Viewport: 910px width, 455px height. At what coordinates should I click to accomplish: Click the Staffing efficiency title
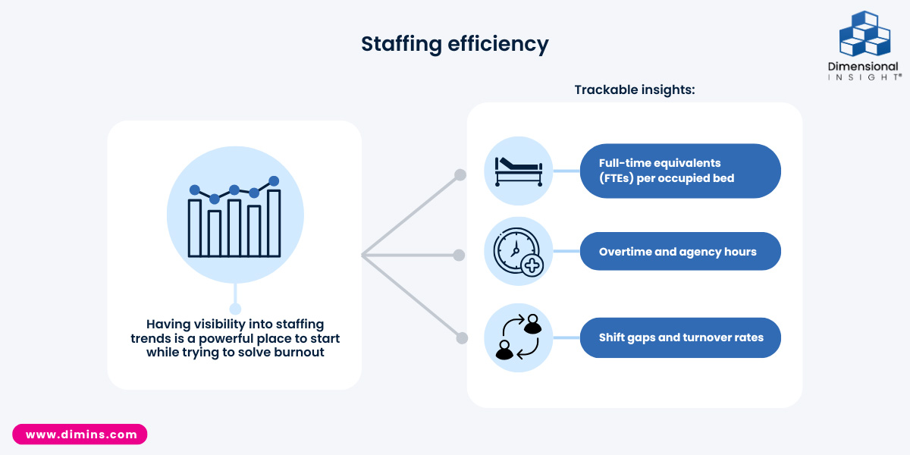coord(454,44)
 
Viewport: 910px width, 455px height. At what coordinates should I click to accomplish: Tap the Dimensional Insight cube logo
coord(865,33)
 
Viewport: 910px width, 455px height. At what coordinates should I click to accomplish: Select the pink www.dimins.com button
coord(80,435)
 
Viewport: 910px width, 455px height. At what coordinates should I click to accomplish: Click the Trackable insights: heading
coord(635,89)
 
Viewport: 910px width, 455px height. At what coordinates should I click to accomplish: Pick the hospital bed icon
coord(519,172)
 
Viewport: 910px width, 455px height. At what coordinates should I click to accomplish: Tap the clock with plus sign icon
coord(519,253)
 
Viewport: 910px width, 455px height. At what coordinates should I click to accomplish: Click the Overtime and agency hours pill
coord(680,252)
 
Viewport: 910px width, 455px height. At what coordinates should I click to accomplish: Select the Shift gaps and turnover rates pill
coord(680,337)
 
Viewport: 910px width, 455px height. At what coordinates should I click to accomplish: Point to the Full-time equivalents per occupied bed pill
coord(680,171)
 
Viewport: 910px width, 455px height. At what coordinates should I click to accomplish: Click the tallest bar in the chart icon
coord(274,223)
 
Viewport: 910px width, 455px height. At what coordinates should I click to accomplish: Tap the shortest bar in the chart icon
coord(215,234)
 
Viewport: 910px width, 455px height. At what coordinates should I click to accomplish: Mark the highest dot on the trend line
coord(274,180)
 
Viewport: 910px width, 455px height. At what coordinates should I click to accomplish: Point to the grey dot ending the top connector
coord(460,175)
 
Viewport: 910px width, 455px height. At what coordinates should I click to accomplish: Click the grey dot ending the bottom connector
coord(462,338)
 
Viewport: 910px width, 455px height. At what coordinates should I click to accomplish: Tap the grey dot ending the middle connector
coord(459,255)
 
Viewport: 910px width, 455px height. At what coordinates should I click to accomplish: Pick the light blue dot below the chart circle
coord(235,309)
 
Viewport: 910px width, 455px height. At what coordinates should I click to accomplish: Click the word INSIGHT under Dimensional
coord(864,77)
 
